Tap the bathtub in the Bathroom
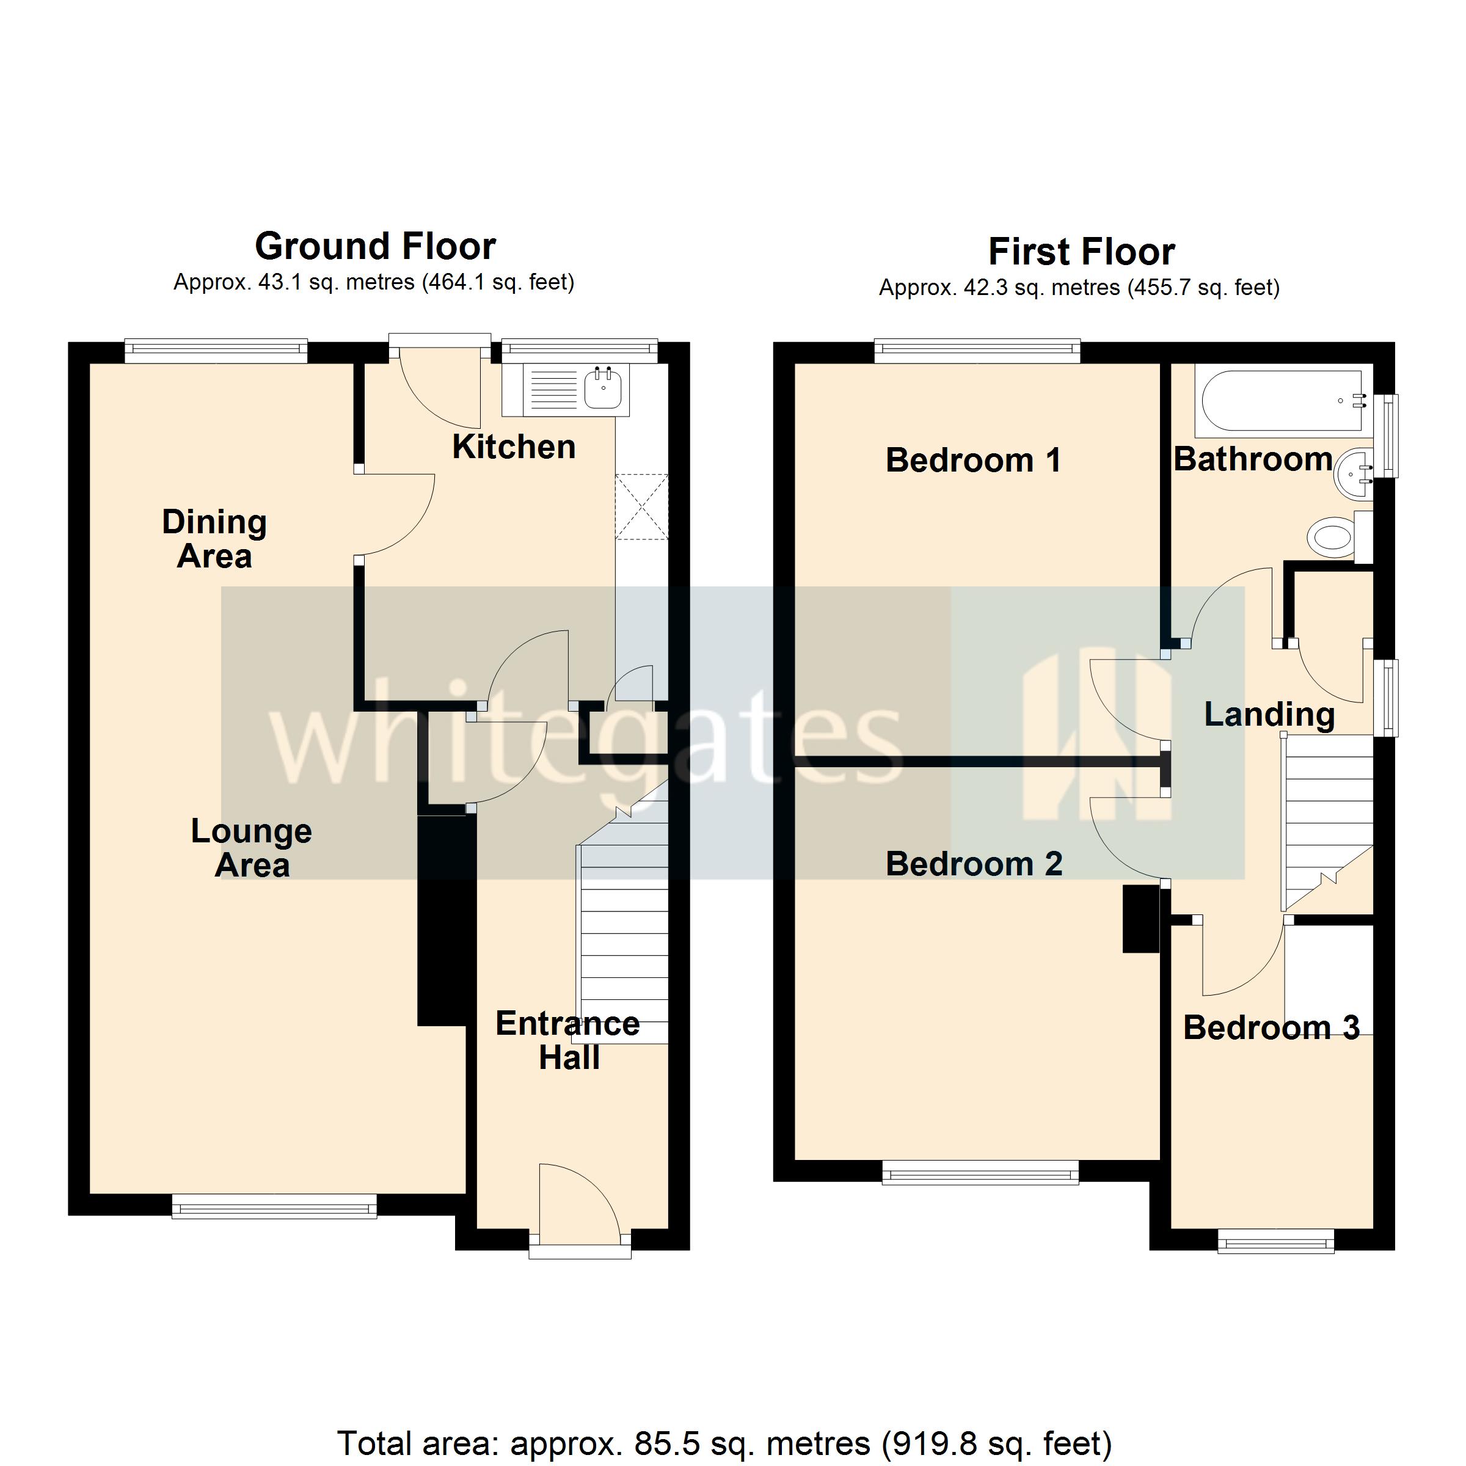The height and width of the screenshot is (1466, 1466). click(1282, 401)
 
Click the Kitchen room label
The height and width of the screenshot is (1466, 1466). click(514, 447)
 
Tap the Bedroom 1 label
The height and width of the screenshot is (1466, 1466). click(973, 461)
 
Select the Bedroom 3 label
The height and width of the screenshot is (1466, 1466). click(1271, 1028)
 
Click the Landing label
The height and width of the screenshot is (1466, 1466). click(1269, 715)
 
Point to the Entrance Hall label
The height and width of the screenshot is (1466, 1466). click(567, 1040)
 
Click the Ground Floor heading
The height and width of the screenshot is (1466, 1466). click(375, 247)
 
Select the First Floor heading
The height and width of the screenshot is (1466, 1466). click(1081, 252)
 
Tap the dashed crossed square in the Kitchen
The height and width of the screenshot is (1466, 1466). click(642, 507)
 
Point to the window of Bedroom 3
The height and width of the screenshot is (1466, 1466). click(1275, 1243)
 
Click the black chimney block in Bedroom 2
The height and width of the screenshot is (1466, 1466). click(1140, 919)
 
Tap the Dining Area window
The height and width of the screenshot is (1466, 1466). click(216, 350)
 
